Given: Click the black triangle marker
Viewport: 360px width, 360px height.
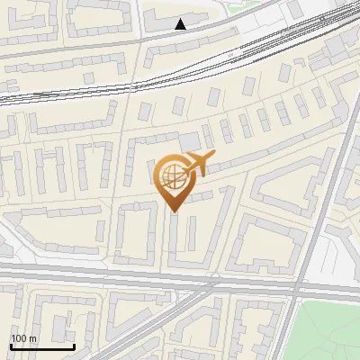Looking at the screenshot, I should [x=181, y=23].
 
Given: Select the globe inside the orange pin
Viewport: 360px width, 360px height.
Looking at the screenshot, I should [x=171, y=178].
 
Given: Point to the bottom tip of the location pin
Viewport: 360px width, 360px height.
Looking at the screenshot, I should [x=173, y=212].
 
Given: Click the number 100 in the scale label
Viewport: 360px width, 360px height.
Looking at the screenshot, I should [x=20, y=338].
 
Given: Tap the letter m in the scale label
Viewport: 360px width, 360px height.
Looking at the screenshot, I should [x=34, y=338].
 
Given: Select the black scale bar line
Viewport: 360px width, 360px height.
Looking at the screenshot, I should [x=42, y=346].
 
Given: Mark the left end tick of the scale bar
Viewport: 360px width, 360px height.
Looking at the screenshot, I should [x=11, y=345].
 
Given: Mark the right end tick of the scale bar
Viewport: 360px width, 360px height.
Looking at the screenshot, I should [x=74, y=345].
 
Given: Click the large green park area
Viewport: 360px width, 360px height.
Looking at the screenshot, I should [x=328, y=328].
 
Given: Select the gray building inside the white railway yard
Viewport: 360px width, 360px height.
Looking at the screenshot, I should [x=324, y=54].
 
